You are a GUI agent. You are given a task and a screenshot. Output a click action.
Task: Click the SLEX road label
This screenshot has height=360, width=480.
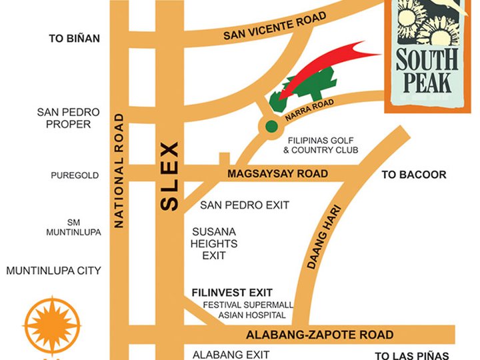coord(170,176)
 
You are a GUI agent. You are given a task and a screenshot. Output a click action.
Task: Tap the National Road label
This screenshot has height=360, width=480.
coord(119,171)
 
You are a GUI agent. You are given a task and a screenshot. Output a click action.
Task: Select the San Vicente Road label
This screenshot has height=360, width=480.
coord(275,26)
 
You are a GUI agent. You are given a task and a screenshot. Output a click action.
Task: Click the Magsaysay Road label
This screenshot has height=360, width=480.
coord(277,174)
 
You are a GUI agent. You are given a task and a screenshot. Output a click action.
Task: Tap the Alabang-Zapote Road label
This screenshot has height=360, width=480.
coord(319,335)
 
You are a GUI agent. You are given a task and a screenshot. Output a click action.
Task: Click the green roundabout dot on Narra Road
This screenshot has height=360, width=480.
coord(271,126)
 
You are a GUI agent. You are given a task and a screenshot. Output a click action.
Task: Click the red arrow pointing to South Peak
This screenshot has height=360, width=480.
coord(327,64)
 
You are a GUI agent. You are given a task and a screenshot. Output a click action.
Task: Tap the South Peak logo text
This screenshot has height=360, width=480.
coord(427,70)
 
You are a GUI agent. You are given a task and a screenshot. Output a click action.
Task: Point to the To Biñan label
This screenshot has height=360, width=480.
coord(74,39)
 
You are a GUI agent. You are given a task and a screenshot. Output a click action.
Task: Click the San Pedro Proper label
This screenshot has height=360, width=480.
coord(68,118)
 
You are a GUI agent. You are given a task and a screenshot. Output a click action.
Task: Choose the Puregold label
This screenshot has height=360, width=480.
coord(75,176)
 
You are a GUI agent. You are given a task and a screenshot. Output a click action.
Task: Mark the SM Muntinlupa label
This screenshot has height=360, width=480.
coord(73,227)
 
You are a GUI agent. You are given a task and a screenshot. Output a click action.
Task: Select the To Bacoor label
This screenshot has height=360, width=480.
coord(413,175)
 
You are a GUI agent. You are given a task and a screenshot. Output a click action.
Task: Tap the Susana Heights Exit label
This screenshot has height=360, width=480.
coord(214,243)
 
